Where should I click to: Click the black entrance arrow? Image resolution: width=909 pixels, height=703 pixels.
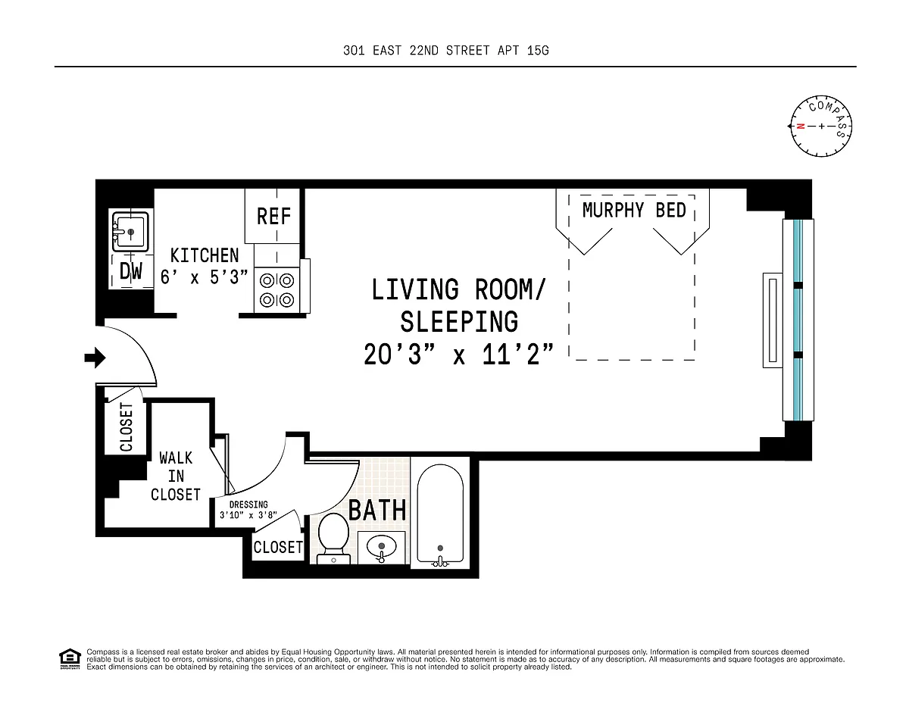(x=95, y=358)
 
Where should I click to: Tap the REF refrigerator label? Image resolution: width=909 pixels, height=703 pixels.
(x=273, y=216)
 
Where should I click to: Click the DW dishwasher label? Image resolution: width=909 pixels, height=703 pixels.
(x=131, y=271)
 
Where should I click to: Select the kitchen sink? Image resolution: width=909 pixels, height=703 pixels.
(x=130, y=231)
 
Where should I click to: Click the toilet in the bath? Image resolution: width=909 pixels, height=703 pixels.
(x=333, y=539)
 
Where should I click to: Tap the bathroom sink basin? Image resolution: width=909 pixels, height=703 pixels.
(x=382, y=548)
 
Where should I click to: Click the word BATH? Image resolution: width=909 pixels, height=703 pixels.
(x=377, y=511)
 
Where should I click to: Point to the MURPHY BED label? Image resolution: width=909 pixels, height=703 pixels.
(x=634, y=210)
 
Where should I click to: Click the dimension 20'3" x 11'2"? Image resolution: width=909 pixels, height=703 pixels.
(x=458, y=355)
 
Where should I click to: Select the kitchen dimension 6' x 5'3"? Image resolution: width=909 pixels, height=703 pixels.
(x=204, y=277)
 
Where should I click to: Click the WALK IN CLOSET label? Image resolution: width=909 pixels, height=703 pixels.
(x=176, y=476)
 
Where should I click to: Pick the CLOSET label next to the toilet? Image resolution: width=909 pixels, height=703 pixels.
(x=278, y=547)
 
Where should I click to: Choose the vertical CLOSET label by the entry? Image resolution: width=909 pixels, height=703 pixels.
(x=126, y=427)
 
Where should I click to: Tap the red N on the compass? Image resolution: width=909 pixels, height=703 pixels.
(x=801, y=126)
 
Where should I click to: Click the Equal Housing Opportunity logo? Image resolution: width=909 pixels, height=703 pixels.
(x=70, y=659)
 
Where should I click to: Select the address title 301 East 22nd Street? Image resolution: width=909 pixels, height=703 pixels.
(x=445, y=51)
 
